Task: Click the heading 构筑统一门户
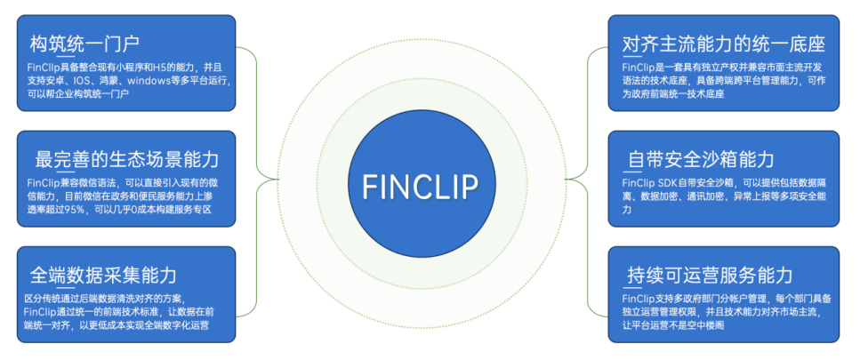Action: click(85, 43)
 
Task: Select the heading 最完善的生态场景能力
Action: click(126, 159)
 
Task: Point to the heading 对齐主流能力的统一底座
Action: click(723, 43)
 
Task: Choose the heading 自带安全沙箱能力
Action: click(701, 159)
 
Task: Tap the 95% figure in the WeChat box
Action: click(75, 210)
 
